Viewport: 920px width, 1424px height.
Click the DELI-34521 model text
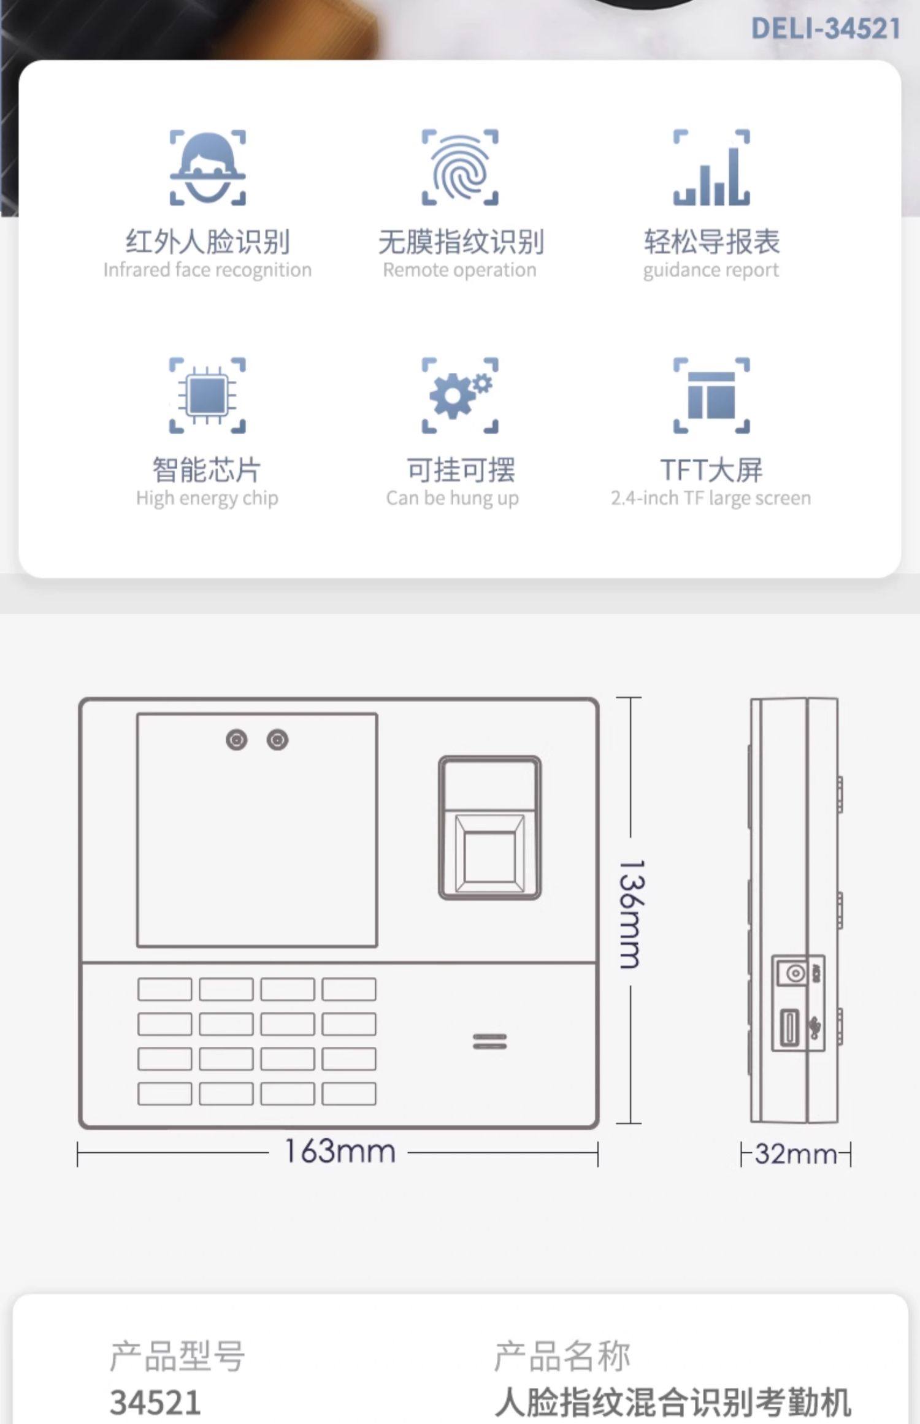(x=826, y=29)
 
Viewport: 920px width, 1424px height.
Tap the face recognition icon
(x=207, y=167)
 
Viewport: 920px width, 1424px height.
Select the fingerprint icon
(x=460, y=167)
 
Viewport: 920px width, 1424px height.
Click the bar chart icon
(x=711, y=167)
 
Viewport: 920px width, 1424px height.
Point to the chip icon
(x=207, y=396)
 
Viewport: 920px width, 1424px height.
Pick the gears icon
(x=460, y=396)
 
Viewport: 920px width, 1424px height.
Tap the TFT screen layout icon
(x=711, y=396)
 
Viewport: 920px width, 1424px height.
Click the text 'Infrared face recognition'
(x=207, y=270)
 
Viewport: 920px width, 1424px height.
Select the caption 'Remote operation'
(x=460, y=270)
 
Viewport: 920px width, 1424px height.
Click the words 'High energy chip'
(x=207, y=498)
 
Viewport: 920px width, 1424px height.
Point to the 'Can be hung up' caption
(x=453, y=498)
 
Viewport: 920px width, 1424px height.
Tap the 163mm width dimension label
(x=340, y=1152)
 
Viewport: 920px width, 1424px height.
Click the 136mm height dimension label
(x=632, y=914)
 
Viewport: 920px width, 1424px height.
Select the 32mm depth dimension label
(x=795, y=1154)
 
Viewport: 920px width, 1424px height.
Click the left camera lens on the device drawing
(x=237, y=740)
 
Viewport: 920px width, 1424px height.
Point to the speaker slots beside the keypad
(x=489, y=1041)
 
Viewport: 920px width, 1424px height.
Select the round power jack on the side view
(x=795, y=973)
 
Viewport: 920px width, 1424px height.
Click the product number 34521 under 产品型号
(x=156, y=1402)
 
